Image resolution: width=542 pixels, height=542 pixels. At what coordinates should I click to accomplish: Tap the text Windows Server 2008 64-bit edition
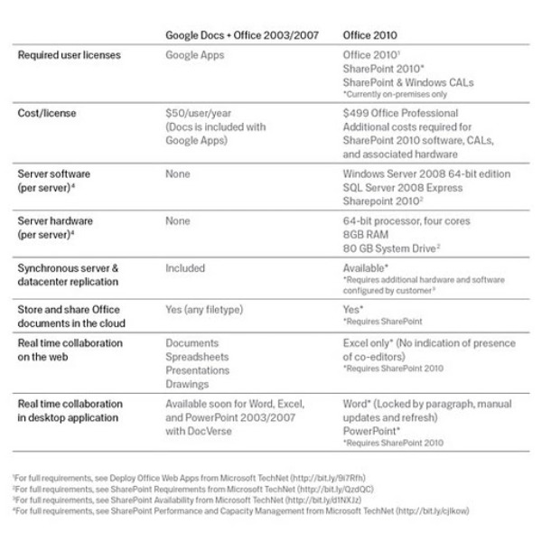pyautogui.click(x=427, y=172)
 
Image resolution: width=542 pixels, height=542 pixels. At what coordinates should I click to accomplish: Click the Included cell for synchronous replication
pyautogui.click(x=185, y=268)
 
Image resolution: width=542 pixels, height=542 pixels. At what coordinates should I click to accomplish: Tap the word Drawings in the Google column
pyautogui.click(x=189, y=383)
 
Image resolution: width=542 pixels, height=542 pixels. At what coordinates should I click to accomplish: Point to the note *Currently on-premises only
pyautogui.click(x=391, y=94)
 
